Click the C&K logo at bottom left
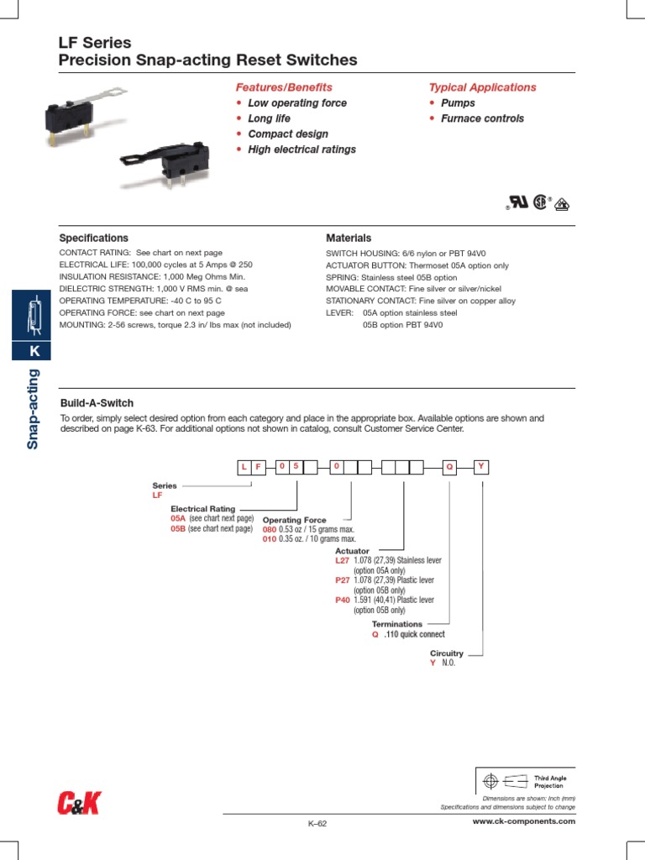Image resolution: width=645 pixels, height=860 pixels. tap(78, 803)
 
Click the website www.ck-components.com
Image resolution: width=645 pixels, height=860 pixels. tap(524, 821)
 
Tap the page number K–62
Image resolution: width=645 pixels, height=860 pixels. tap(317, 824)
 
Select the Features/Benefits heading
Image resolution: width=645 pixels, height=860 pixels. tap(283, 87)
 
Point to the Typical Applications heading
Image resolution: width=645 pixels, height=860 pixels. tap(482, 87)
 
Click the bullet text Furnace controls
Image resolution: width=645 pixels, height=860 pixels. tap(482, 118)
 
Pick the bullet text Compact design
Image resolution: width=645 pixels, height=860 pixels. tap(288, 134)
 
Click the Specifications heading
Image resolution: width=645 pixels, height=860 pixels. tap(93, 239)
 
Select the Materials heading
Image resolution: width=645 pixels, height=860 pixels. tap(348, 239)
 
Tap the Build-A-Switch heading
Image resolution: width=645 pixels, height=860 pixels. tap(97, 403)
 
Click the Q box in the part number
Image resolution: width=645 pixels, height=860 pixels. tap(449, 467)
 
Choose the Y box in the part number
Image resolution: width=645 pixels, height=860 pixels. tap(480, 466)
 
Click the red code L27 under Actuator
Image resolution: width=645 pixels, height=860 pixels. tap(341, 560)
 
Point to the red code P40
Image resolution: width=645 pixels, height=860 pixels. tap(341, 600)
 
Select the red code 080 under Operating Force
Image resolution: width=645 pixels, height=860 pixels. tap(269, 530)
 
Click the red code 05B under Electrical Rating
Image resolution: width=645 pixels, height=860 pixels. tap(177, 529)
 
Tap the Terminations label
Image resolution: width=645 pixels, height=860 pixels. tap(396, 625)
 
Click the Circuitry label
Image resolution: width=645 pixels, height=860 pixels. tap(447, 653)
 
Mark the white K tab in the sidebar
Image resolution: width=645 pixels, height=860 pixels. tap(34, 350)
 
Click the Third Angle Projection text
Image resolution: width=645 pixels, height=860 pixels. tap(550, 782)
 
